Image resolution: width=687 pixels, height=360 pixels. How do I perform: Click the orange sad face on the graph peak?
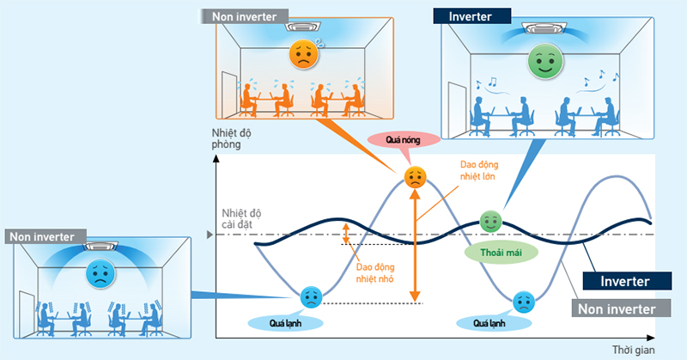[x=415, y=179]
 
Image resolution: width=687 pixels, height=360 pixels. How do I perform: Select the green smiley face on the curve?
[x=490, y=221]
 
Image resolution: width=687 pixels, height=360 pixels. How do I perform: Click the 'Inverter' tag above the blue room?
[x=475, y=16]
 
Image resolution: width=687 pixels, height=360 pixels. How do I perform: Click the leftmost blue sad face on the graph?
[x=310, y=298]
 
